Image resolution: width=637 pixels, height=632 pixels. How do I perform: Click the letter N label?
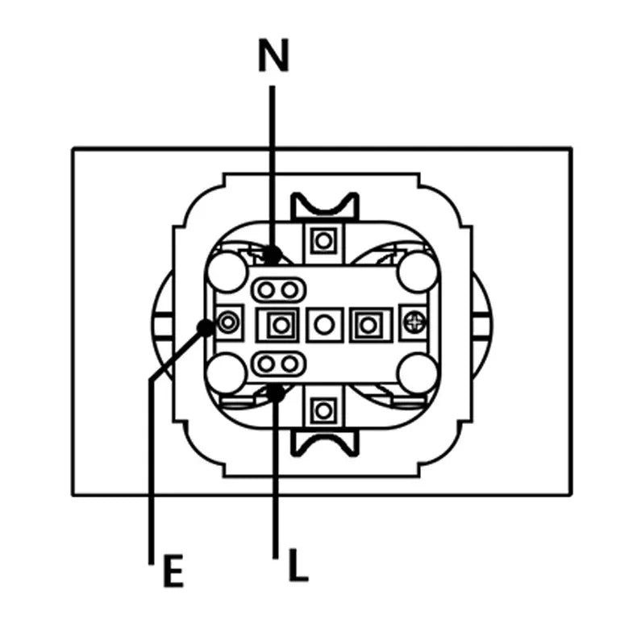[273, 56]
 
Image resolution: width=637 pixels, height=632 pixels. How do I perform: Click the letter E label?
[173, 571]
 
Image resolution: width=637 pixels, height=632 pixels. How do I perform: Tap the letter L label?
[298, 564]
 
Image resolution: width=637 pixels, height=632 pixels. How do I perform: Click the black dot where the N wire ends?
[273, 255]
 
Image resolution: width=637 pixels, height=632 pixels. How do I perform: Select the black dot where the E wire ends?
[206, 327]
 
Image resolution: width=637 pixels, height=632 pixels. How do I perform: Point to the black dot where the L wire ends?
[276, 393]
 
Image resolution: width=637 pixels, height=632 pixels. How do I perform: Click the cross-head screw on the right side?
[414, 323]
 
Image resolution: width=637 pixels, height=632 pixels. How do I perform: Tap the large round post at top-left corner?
[227, 272]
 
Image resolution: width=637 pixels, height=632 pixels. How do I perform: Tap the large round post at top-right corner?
[418, 272]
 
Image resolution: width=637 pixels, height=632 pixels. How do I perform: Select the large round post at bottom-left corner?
[227, 373]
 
